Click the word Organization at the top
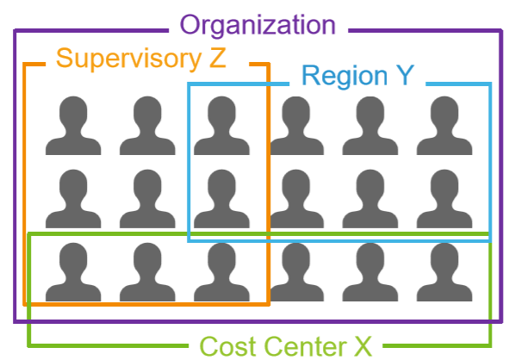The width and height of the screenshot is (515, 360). click(x=257, y=26)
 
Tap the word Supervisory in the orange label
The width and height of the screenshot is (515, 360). click(x=129, y=59)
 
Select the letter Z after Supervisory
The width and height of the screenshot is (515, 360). click(x=217, y=58)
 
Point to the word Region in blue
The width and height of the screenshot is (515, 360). click(x=344, y=77)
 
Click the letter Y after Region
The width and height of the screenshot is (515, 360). click(x=405, y=75)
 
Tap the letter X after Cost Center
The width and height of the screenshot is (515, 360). click(x=363, y=346)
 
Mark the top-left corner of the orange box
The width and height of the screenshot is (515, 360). click(x=24, y=64)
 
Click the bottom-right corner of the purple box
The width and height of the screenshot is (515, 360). click(x=501, y=321)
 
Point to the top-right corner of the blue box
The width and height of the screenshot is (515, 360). click(x=490, y=84)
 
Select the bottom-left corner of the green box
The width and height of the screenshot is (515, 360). click(x=29, y=345)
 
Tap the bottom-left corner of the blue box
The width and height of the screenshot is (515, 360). click(x=189, y=241)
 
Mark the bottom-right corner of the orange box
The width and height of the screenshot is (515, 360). click(x=269, y=304)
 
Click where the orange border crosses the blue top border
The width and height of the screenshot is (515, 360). click(x=269, y=84)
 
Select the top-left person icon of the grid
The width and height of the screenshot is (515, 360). click(x=73, y=126)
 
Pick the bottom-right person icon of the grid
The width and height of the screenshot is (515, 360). click(x=444, y=272)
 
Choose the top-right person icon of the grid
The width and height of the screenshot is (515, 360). click(x=444, y=126)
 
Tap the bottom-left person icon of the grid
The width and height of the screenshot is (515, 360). click(x=73, y=272)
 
